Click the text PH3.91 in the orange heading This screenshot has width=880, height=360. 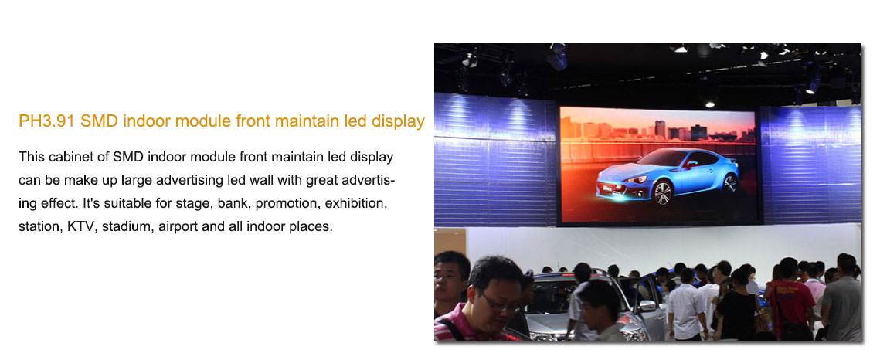click(x=46, y=122)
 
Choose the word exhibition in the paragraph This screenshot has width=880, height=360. click(x=358, y=204)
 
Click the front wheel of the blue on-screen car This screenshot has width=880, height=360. click(x=663, y=193)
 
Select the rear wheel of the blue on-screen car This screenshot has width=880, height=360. click(x=729, y=183)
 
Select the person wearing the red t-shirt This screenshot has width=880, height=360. click(x=791, y=300)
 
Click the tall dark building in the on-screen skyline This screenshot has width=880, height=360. click(x=660, y=130)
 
